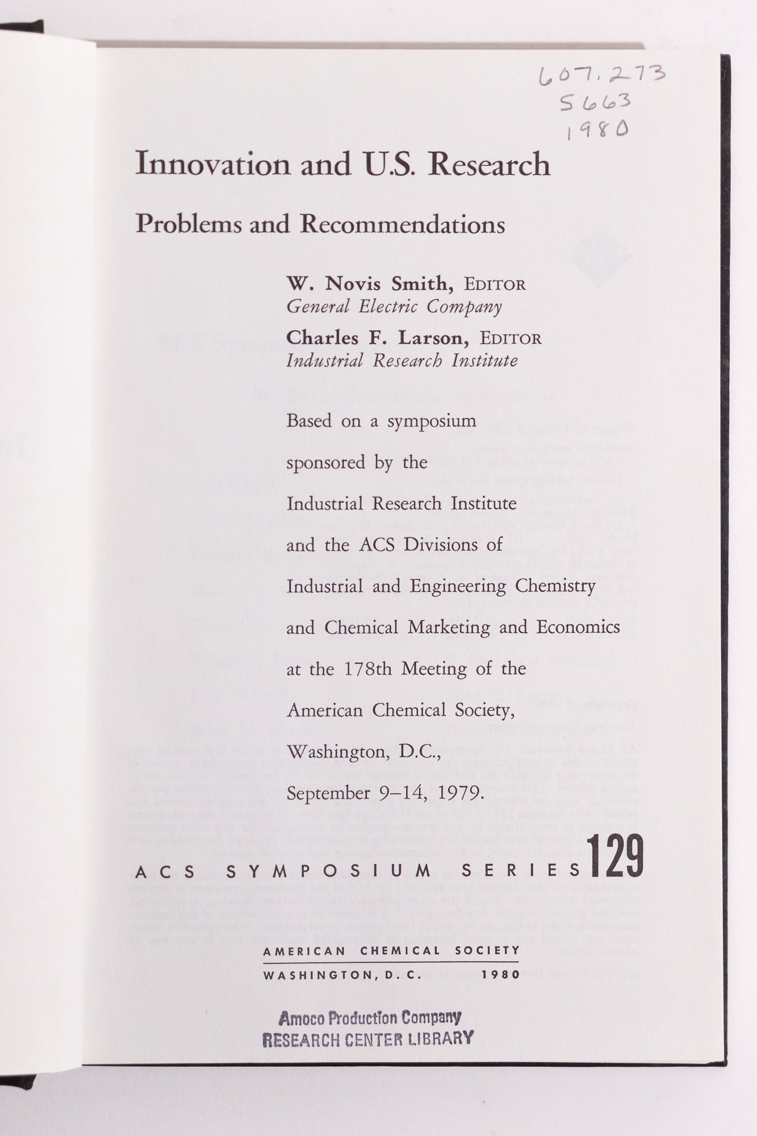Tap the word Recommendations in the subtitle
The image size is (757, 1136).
(x=403, y=224)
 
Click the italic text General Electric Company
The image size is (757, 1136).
(x=394, y=307)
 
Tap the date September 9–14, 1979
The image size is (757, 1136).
(x=385, y=792)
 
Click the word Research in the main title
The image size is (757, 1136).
(x=489, y=164)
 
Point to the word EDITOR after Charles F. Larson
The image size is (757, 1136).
(x=511, y=339)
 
